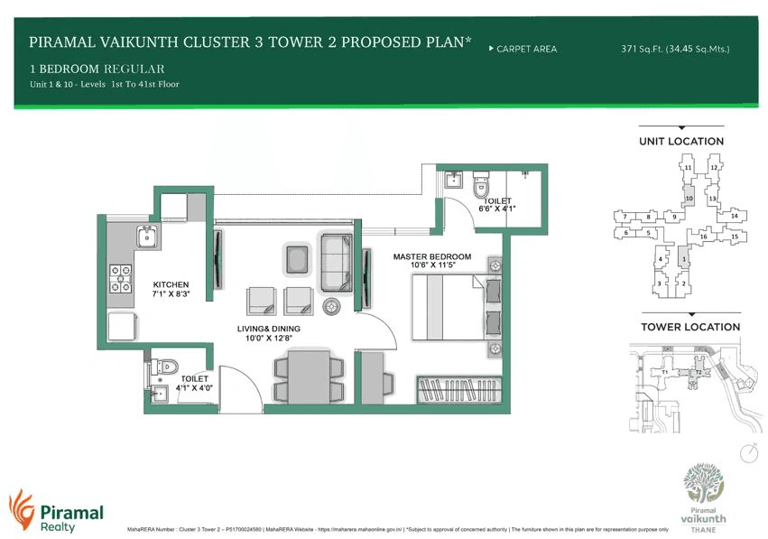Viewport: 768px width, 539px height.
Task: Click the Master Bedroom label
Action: [431, 256]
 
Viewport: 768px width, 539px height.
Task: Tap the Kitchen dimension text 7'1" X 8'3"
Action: [171, 294]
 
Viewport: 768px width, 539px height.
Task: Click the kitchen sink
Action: [147, 237]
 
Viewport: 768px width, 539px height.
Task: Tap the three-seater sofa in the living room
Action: [337, 256]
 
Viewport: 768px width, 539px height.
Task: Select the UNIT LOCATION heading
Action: [681, 141]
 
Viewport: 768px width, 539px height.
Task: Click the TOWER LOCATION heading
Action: [689, 327]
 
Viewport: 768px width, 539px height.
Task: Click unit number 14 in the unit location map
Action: [734, 217]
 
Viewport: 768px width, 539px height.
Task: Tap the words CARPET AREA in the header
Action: [526, 49]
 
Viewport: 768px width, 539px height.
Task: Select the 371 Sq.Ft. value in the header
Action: [640, 49]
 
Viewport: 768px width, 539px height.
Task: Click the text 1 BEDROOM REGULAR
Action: [97, 69]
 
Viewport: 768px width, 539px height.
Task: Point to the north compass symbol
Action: [747, 451]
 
